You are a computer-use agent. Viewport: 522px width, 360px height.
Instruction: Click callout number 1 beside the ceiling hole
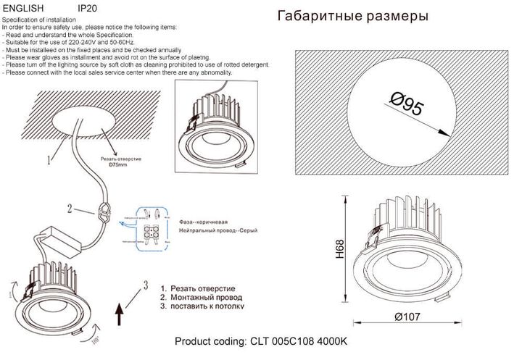point(49,156)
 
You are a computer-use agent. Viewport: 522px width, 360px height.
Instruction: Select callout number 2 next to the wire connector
point(70,210)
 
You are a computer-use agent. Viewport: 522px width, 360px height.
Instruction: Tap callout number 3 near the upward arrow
point(146,284)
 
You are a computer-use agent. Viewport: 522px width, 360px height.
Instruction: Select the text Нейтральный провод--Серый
point(210,230)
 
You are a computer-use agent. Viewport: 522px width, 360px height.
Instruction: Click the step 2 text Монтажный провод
point(207,297)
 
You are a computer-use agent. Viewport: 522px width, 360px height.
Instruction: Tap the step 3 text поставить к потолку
point(208,306)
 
